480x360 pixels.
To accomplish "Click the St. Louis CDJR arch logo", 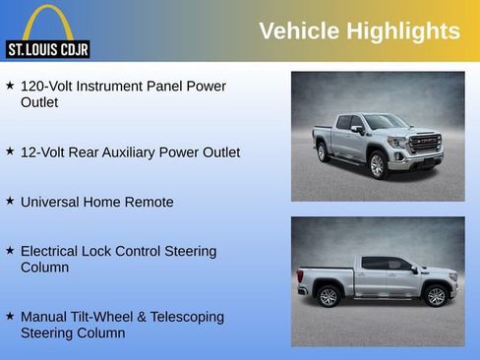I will point(47,30).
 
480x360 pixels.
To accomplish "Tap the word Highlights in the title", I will point(403,31).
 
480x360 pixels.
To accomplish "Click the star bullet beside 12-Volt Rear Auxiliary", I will point(10,151).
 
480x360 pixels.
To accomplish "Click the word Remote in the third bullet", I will point(149,203).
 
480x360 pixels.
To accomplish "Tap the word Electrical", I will point(55,252).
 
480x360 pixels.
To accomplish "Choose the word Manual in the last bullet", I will point(46,318).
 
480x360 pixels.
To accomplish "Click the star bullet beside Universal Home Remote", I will point(10,201).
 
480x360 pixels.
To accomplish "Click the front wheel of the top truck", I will point(377,165).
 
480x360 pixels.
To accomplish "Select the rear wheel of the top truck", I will point(322,152).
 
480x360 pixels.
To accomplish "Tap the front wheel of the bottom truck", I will point(435,295).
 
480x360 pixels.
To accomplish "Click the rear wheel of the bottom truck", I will point(329,296).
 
